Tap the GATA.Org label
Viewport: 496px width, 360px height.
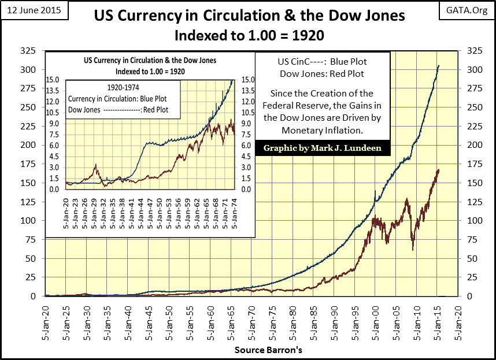(467, 10)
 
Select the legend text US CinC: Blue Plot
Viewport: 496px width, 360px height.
(323, 62)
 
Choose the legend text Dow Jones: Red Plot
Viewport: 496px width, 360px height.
(323, 73)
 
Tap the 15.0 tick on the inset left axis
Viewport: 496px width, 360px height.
(55, 80)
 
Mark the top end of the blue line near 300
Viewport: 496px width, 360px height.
(438, 66)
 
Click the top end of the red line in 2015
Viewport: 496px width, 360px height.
(439, 170)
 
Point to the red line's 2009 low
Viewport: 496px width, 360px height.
(413, 249)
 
